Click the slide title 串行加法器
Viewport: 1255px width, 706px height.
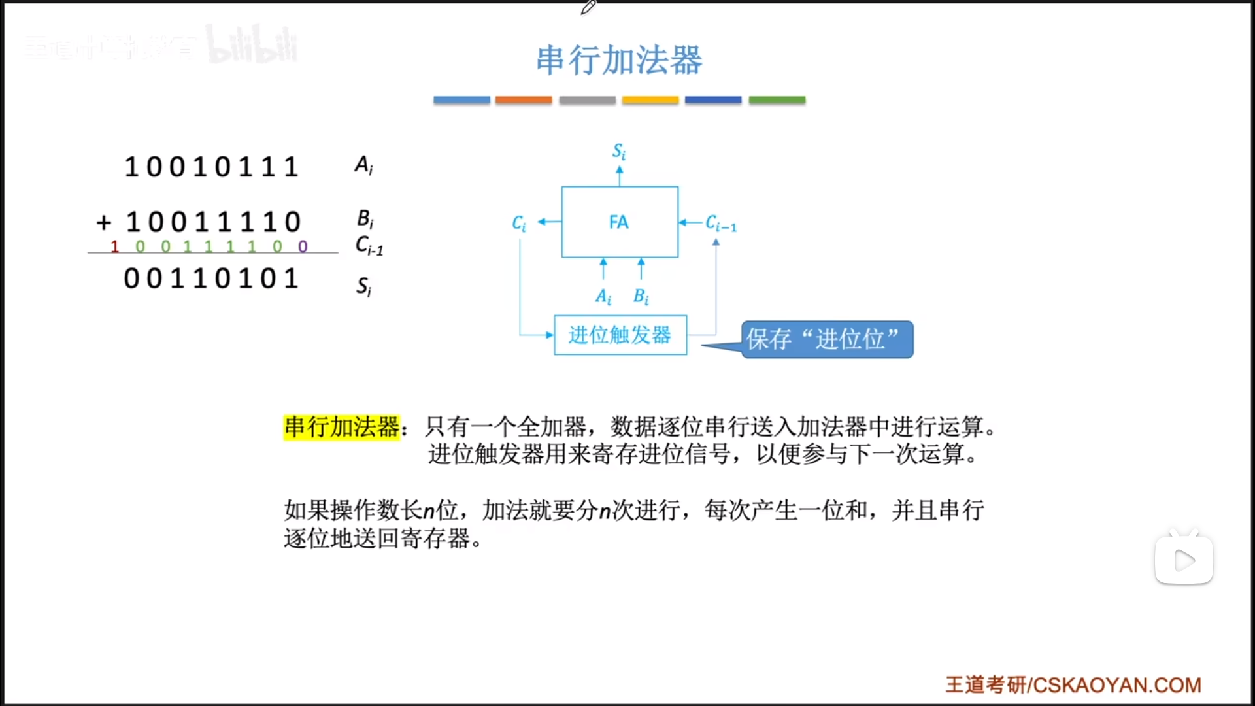click(x=619, y=60)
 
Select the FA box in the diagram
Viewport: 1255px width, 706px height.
click(x=620, y=222)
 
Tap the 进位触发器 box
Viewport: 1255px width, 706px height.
click(x=620, y=335)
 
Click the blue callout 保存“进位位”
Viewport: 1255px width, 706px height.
click(x=826, y=339)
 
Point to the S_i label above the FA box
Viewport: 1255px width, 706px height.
click(x=619, y=152)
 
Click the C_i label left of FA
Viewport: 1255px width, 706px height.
click(x=519, y=224)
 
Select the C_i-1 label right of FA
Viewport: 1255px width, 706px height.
click(x=721, y=224)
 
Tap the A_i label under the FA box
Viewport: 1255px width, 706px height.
click(x=603, y=297)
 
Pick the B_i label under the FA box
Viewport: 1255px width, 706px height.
click(x=641, y=297)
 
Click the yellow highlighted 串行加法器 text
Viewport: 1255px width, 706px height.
click(x=341, y=427)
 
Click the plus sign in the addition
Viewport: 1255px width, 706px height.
click(x=103, y=222)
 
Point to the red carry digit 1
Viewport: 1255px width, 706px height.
click(x=114, y=246)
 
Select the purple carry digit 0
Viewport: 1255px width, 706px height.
click(x=303, y=246)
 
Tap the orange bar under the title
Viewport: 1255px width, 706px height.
click(x=524, y=100)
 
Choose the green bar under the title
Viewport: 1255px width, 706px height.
click(x=777, y=100)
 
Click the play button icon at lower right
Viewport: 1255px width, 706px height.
click(x=1184, y=560)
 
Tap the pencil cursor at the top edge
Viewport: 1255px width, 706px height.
click(x=588, y=7)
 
